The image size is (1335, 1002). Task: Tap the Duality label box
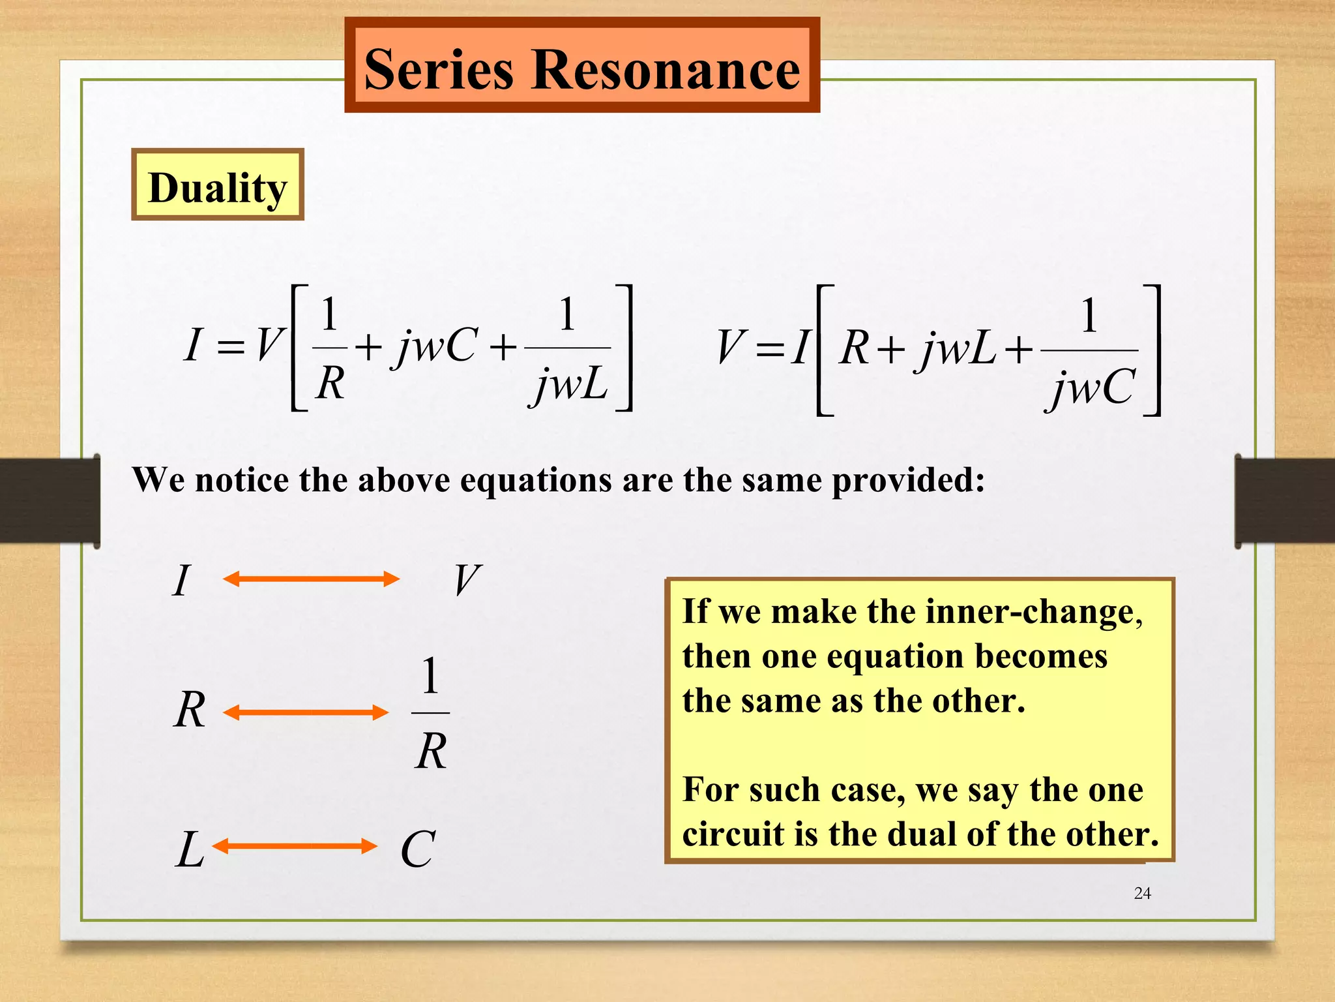click(217, 185)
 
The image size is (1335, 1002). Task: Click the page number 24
click(1142, 893)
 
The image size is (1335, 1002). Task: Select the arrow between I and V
click(311, 579)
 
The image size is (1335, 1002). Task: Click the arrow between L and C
click(295, 846)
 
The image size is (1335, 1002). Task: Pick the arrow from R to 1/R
click(306, 712)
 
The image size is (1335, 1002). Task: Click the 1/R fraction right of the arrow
click(431, 713)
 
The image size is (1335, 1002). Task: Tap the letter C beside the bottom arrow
click(417, 849)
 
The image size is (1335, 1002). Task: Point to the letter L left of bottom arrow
click(190, 849)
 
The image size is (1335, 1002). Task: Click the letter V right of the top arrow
click(467, 580)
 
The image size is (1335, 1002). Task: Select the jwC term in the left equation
click(435, 346)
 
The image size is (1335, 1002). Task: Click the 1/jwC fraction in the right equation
click(1090, 352)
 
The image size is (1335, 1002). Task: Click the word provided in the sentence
click(908, 481)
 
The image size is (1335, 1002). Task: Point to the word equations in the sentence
click(537, 481)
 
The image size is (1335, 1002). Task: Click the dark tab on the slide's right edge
click(1284, 501)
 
